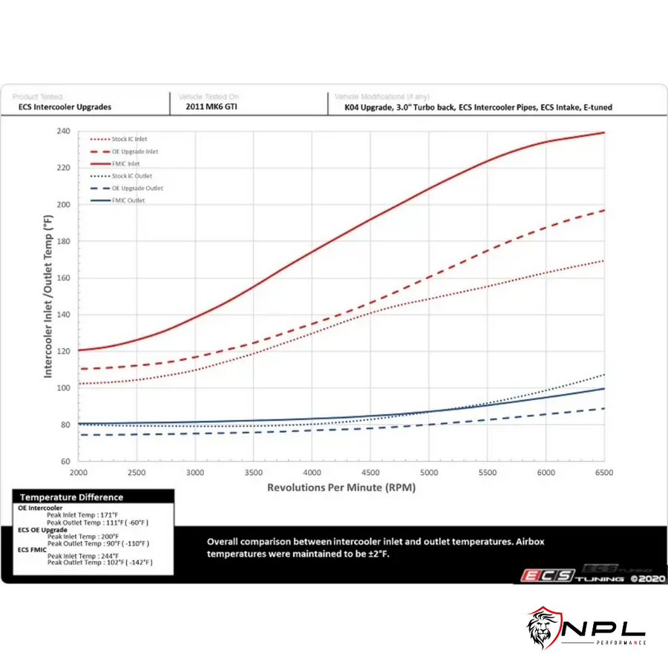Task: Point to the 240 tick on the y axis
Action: point(63,131)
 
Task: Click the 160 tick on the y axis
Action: point(63,278)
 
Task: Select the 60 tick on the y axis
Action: point(65,462)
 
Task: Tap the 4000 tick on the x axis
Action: point(312,473)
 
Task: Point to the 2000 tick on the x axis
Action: point(79,473)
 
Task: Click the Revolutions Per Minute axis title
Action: point(341,488)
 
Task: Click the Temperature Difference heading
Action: point(71,497)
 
